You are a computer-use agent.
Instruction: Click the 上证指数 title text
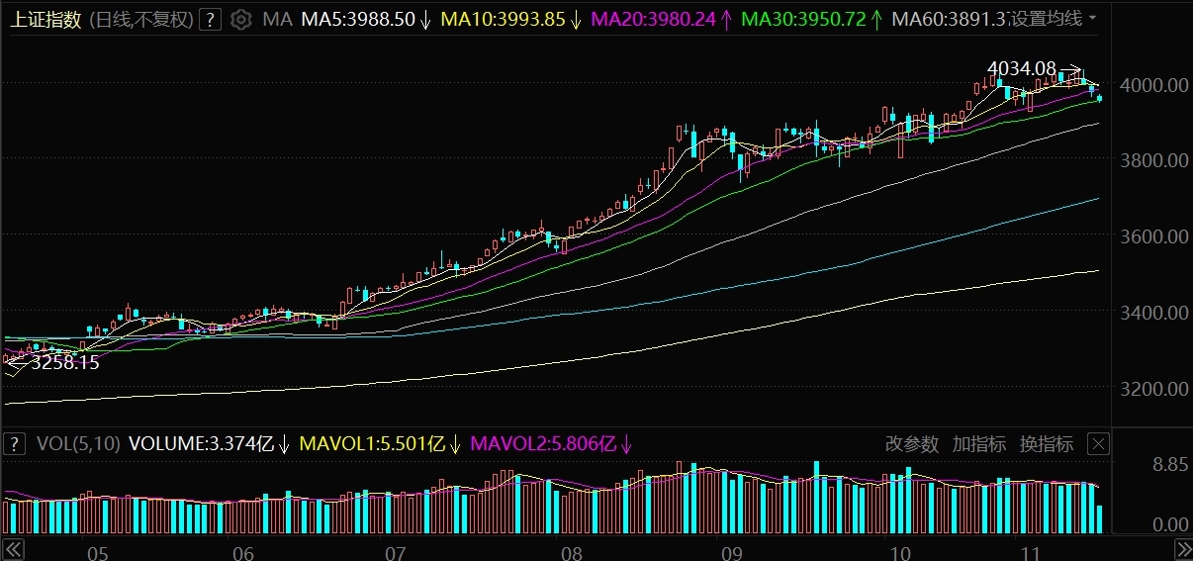tap(46, 19)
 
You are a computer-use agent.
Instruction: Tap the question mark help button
tap(209, 19)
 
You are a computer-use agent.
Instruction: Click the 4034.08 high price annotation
tap(1021, 68)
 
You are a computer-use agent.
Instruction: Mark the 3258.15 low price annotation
tap(65, 363)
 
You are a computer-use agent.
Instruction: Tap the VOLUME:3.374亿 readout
tap(207, 444)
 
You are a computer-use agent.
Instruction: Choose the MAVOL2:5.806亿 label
tap(543, 444)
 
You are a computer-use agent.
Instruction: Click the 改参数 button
tap(911, 444)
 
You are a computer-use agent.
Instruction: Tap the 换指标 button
tap(1047, 444)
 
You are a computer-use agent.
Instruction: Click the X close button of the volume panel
tap(1098, 443)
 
